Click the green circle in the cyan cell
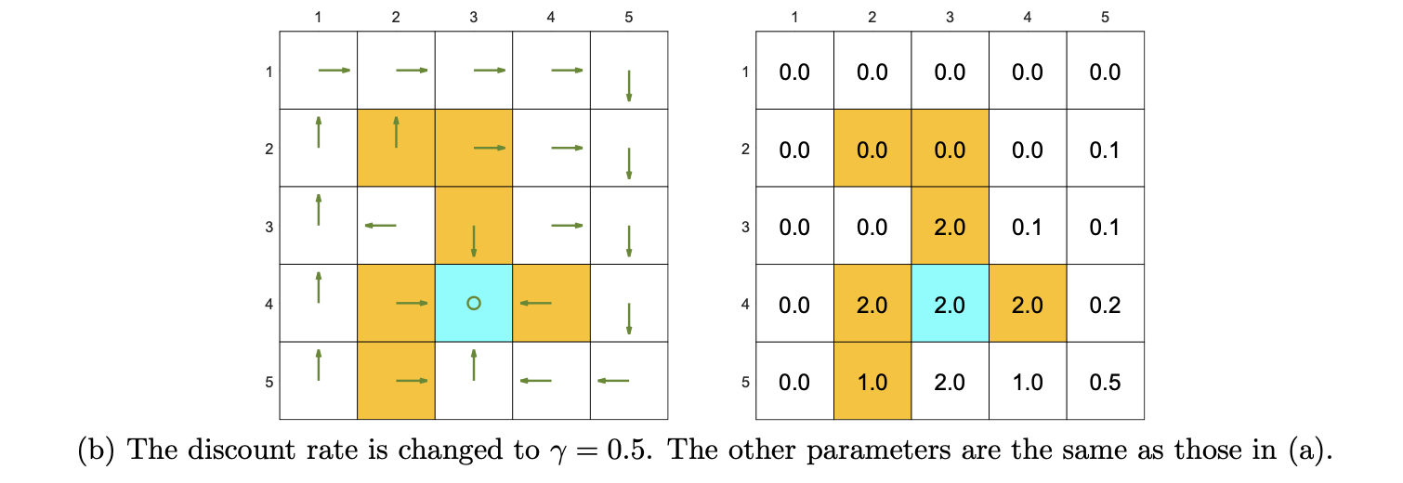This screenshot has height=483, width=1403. tap(473, 303)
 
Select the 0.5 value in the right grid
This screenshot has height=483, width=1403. tap(1105, 382)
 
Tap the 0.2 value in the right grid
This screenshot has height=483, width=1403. tap(1105, 304)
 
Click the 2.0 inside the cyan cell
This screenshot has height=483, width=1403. tap(950, 304)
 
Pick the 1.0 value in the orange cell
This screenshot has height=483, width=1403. tap(872, 382)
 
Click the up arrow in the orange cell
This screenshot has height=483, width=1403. tap(396, 132)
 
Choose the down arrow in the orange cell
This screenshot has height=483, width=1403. tap(474, 241)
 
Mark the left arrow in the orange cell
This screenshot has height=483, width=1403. tap(535, 303)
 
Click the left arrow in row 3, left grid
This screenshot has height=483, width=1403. tap(380, 225)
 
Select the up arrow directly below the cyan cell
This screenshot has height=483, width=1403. tap(474, 365)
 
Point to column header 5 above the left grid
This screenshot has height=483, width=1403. tap(629, 16)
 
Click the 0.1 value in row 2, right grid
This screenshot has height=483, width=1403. tap(1105, 149)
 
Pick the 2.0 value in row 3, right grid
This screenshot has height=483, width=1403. tap(950, 227)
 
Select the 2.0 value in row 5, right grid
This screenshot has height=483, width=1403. tap(950, 382)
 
